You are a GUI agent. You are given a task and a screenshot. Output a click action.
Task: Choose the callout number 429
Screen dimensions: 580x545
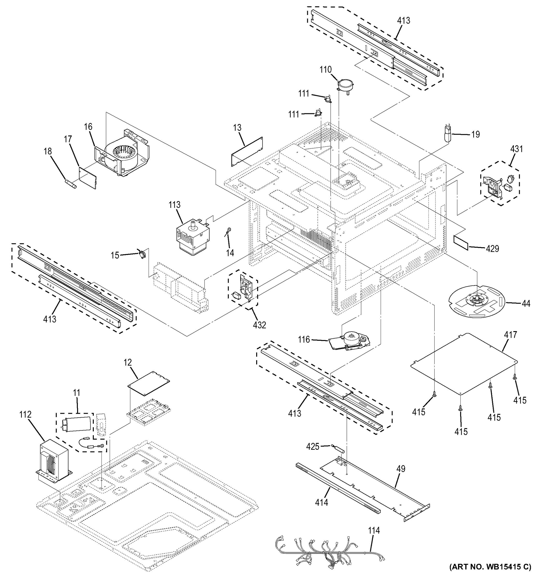(x=492, y=249)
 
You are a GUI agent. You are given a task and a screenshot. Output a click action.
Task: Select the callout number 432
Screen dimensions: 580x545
(x=259, y=325)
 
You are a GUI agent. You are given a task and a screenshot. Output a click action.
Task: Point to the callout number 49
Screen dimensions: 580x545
(x=401, y=469)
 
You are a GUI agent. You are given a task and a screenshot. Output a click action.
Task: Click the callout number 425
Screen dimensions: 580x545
(x=313, y=447)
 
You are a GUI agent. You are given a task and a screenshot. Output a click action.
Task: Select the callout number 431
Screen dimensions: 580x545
(x=516, y=149)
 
